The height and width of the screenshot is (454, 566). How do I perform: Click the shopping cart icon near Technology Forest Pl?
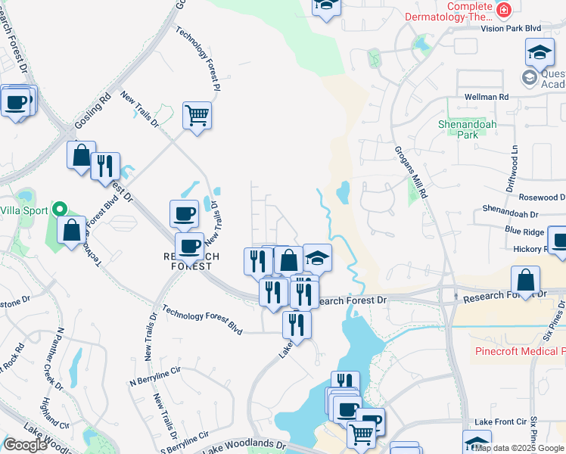197,116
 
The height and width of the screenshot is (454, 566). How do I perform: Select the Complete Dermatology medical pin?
503,10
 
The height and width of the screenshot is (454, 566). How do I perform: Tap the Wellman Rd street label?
487,97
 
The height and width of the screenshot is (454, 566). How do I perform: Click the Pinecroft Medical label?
520,351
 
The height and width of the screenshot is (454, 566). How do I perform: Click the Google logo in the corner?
25,445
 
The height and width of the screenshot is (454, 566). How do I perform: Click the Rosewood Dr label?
536,195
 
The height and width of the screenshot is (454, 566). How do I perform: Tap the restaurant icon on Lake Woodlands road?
296,325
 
